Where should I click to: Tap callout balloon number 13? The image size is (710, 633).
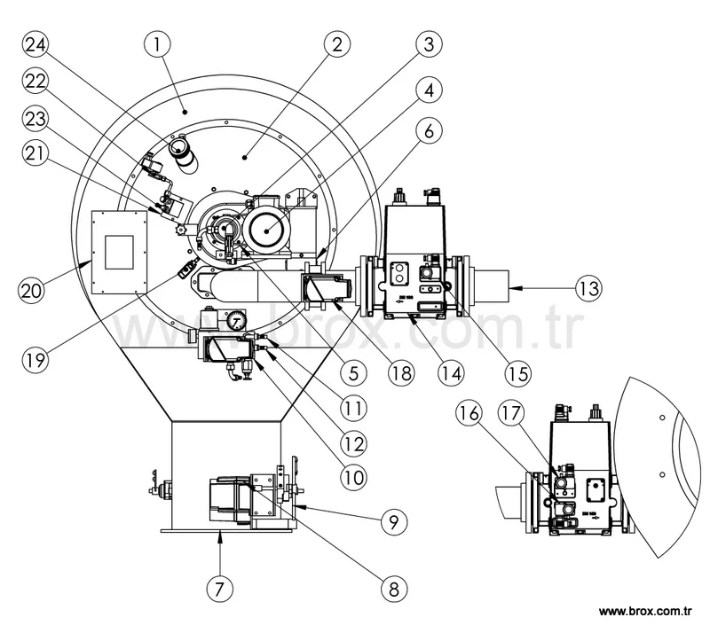pos(588,288)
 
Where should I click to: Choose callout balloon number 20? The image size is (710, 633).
pos(34,289)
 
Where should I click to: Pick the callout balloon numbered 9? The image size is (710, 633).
pos(391,523)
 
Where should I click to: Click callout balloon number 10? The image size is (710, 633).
pos(352,475)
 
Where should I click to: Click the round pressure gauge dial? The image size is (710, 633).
pos(233,319)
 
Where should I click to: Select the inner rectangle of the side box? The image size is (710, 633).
pos(121,251)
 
